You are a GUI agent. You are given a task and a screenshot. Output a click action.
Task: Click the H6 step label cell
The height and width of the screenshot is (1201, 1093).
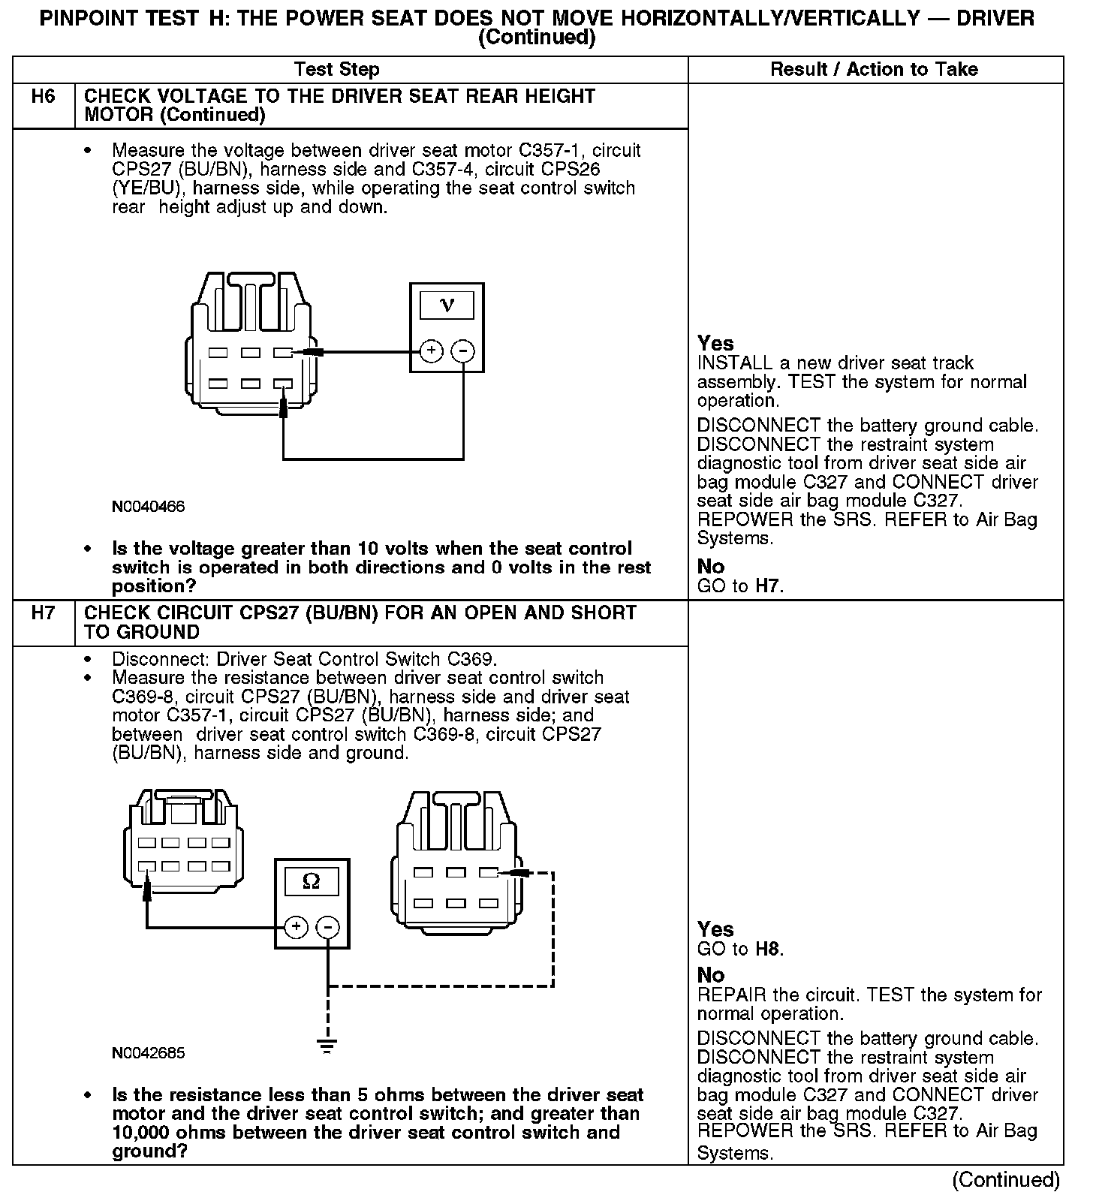(x=44, y=97)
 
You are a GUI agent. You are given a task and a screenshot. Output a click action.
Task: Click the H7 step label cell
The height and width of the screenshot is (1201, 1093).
(x=44, y=614)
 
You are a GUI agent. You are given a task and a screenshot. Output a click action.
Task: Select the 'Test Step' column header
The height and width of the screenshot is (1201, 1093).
(x=337, y=70)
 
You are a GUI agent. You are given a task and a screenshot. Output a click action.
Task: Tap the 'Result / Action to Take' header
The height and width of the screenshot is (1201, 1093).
(x=875, y=70)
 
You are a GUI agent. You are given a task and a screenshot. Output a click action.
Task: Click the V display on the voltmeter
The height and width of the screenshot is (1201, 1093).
(x=447, y=305)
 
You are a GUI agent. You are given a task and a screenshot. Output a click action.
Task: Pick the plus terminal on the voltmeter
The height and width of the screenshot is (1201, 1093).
(x=430, y=351)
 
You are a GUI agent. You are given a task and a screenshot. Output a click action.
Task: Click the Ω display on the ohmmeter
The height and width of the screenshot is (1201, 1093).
(x=311, y=882)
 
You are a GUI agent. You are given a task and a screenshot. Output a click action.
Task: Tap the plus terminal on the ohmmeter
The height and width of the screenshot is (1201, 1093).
(x=296, y=927)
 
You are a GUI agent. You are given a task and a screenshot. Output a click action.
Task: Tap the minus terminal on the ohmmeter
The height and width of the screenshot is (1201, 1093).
(x=328, y=927)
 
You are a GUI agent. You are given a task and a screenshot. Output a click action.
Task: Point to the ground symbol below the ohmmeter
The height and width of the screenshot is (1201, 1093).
(x=327, y=1046)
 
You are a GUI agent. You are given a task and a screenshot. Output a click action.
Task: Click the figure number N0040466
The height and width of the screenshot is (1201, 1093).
(x=149, y=507)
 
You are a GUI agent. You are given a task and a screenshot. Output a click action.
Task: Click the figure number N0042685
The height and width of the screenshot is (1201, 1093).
(x=149, y=1053)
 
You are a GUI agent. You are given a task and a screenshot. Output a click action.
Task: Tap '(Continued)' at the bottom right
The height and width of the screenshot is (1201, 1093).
(x=1006, y=1181)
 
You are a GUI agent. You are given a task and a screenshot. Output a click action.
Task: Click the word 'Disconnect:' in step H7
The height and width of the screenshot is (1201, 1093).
(x=161, y=660)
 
